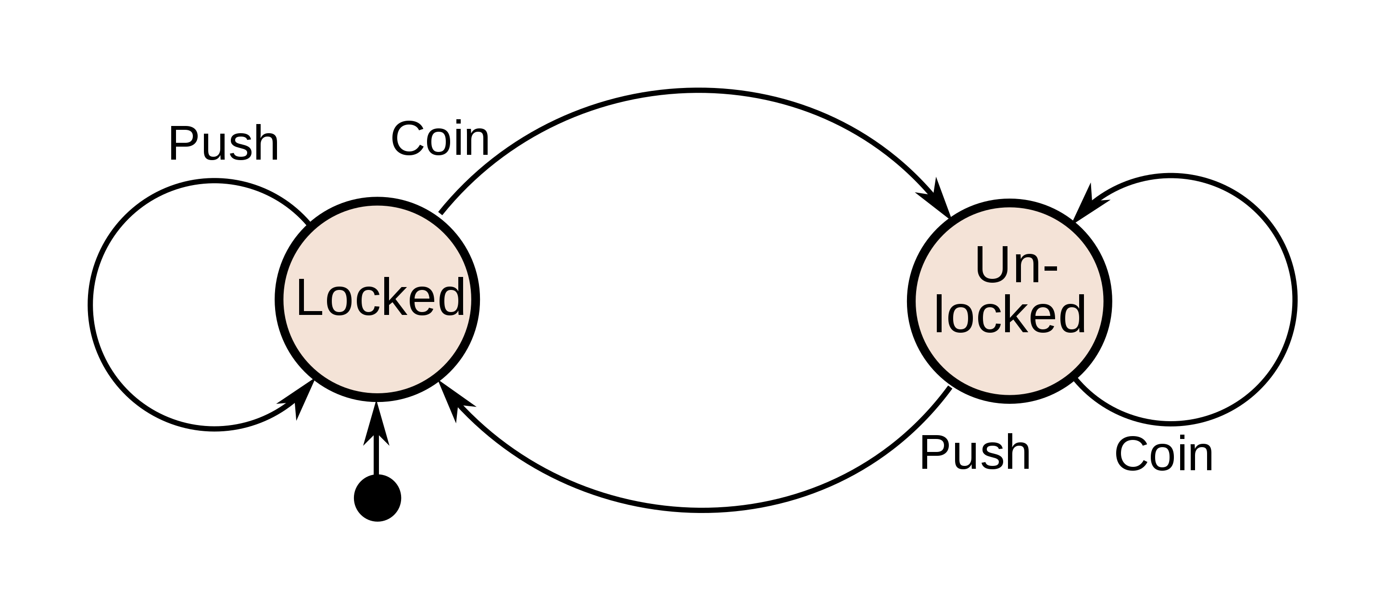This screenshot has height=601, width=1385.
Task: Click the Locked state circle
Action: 378,300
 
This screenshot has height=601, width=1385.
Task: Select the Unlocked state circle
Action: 1010,300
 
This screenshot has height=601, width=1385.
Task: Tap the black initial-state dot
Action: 378,498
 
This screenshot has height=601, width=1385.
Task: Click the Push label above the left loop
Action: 224,143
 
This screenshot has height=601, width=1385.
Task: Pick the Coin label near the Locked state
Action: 441,138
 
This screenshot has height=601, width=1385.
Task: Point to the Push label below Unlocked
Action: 975,452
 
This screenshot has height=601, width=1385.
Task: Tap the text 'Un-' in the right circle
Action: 1016,265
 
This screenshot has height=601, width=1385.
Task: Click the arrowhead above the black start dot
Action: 377,424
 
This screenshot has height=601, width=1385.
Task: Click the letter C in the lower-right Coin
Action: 1131,455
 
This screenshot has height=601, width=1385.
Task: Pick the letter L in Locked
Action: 309,297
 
